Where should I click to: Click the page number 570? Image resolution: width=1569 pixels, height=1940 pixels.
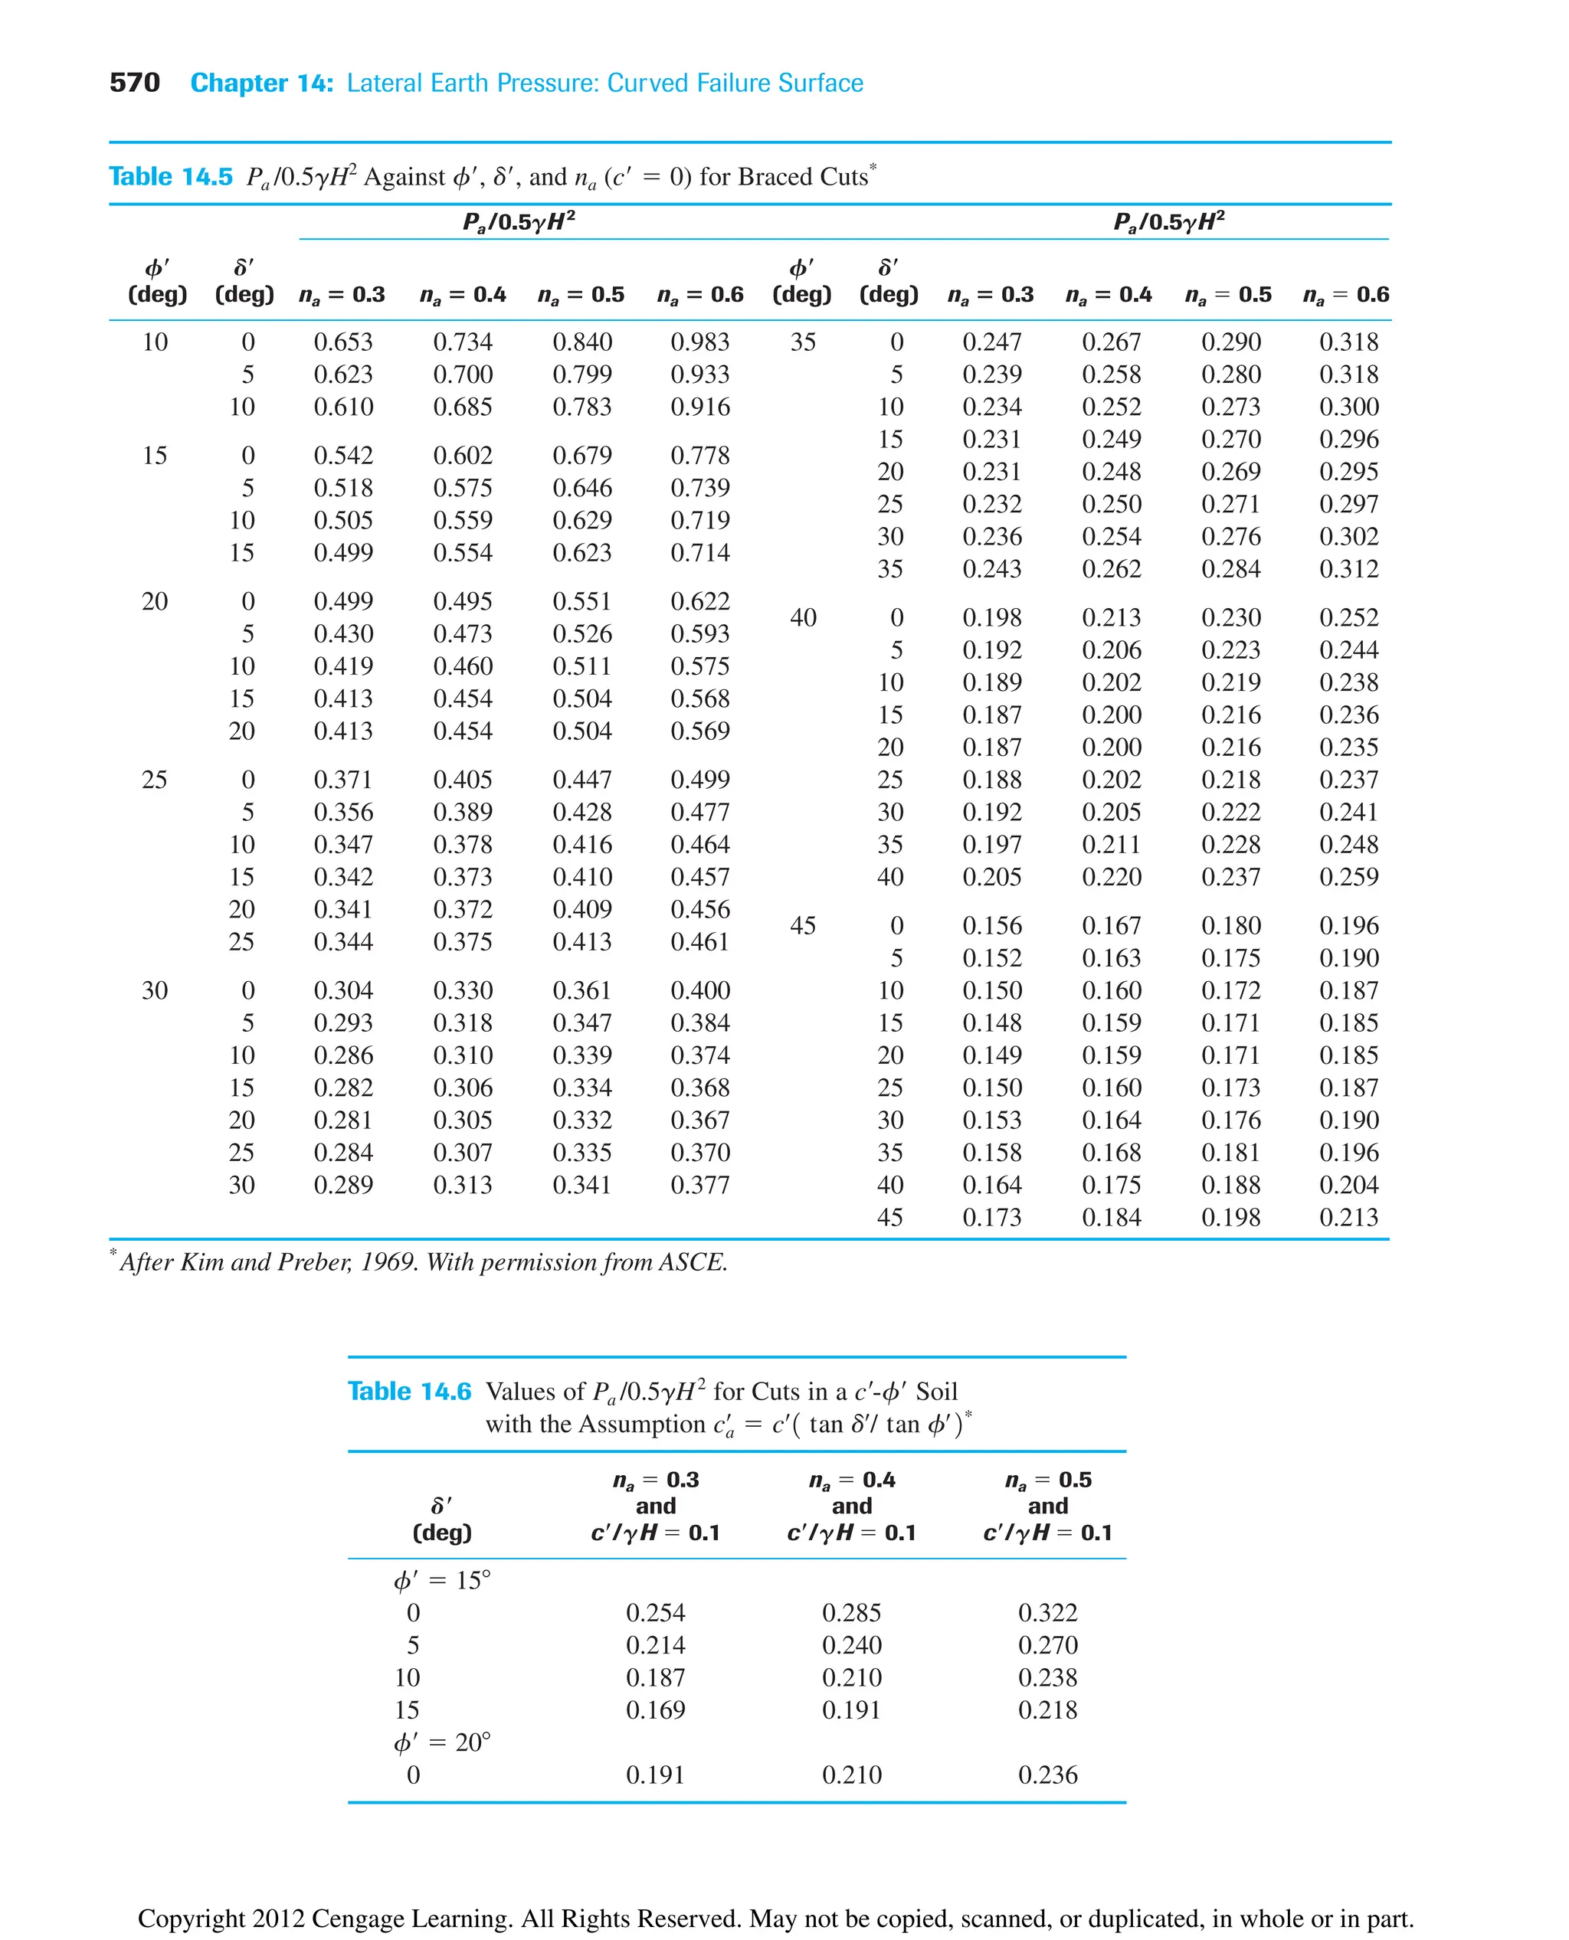[134, 83]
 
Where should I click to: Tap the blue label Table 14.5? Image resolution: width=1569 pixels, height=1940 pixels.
[171, 176]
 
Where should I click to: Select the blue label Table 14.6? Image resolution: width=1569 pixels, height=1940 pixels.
[409, 1391]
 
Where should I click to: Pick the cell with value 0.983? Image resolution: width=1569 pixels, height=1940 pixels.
[699, 342]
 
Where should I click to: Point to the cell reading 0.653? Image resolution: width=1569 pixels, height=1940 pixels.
[343, 342]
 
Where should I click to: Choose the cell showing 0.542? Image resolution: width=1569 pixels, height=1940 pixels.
[343, 456]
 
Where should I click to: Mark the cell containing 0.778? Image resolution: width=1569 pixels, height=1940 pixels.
[699, 456]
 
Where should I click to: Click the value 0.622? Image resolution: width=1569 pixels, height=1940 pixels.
[699, 602]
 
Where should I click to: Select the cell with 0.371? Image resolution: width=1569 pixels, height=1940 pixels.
[343, 780]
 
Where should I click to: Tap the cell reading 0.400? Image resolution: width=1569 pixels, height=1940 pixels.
[699, 990]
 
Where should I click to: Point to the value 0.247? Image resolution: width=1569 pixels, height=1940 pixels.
[991, 342]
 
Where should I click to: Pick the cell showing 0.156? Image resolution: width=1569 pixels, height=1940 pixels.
[991, 925]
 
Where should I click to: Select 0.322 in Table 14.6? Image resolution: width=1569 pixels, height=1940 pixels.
[1047, 1612]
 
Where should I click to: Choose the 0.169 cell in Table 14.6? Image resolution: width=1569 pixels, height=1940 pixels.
[655, 1709]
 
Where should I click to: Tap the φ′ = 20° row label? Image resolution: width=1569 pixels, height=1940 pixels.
[442, 1742]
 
